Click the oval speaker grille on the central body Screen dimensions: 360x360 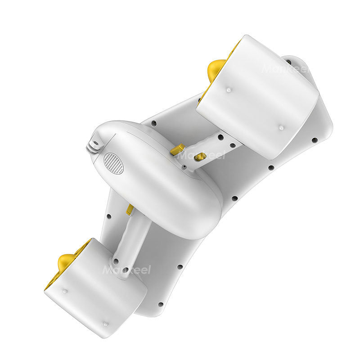point(113,163)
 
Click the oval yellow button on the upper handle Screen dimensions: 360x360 point(200,157)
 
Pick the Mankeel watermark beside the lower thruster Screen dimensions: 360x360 point(126,270)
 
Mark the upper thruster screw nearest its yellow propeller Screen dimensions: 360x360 point(228,90)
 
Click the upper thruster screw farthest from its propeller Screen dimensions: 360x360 point(281,127)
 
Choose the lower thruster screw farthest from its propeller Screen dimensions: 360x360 point(105,324)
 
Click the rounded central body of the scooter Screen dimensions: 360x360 point(157,180)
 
